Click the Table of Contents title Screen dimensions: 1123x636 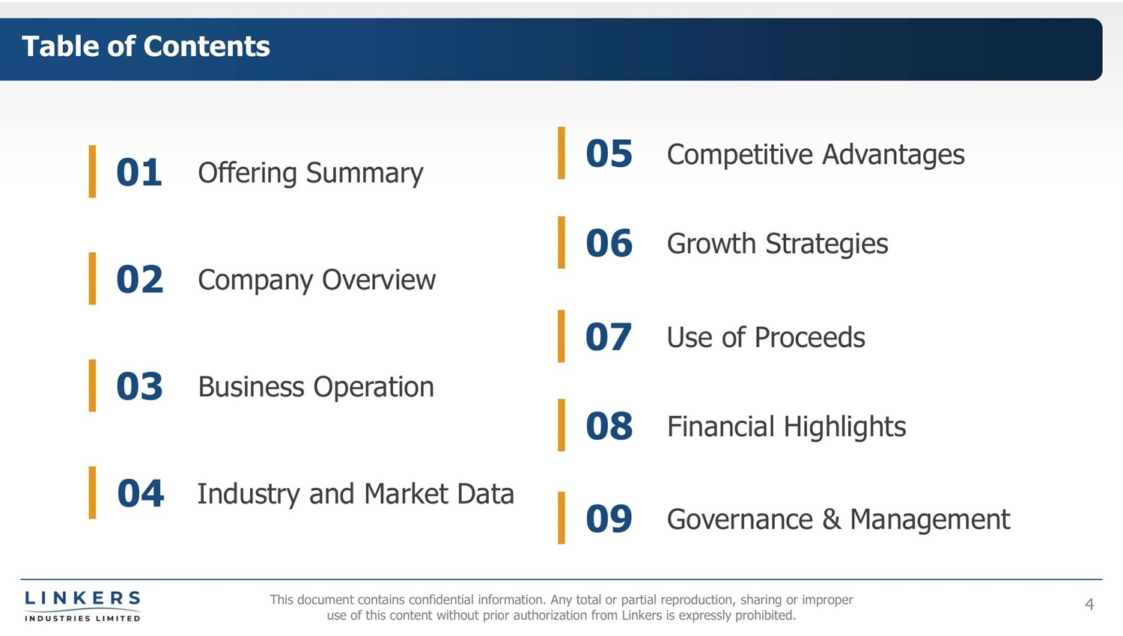click(146, 46)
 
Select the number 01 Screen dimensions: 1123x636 click(139, 172)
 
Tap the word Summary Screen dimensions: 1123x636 click(365, 174)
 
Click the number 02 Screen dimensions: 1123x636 click(139, 279)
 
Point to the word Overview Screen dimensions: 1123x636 click(379, 280)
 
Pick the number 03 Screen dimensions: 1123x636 click(139, 386)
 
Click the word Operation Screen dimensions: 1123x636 click(374, 388)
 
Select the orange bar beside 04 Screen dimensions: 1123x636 click(92, 492)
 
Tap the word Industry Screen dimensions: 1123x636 click(248, 494)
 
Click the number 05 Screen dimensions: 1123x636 click(609, 153)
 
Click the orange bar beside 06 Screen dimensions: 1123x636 click(561, 242)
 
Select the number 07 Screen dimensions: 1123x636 click(608, 336)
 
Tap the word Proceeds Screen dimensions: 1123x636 click(809, 337)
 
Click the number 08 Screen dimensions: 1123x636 click(609, 426)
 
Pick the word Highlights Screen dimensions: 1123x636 click(844, 427)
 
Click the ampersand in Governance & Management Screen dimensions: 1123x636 click(831, 519)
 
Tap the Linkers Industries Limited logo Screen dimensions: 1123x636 click(82, 606)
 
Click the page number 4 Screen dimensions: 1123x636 click(1089, 605)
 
